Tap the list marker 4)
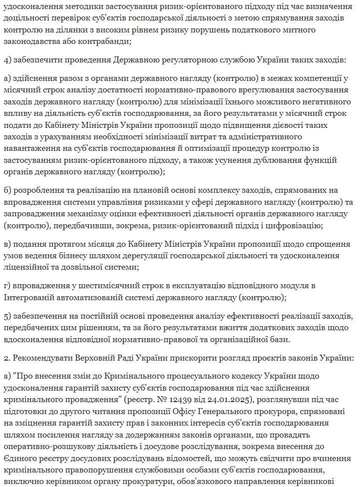[x=7, y=60]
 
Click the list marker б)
[x=7, y=190]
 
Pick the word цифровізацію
[x=296, y=225]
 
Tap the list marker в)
[x=7, y=244]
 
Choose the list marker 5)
[x=7, y=317]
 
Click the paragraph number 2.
[x=6, y=359]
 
